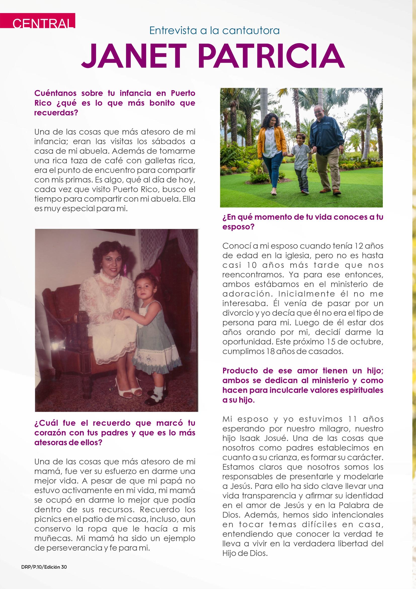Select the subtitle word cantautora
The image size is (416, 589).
tap(251, 31)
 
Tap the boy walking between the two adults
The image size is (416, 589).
tap(300, 162)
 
